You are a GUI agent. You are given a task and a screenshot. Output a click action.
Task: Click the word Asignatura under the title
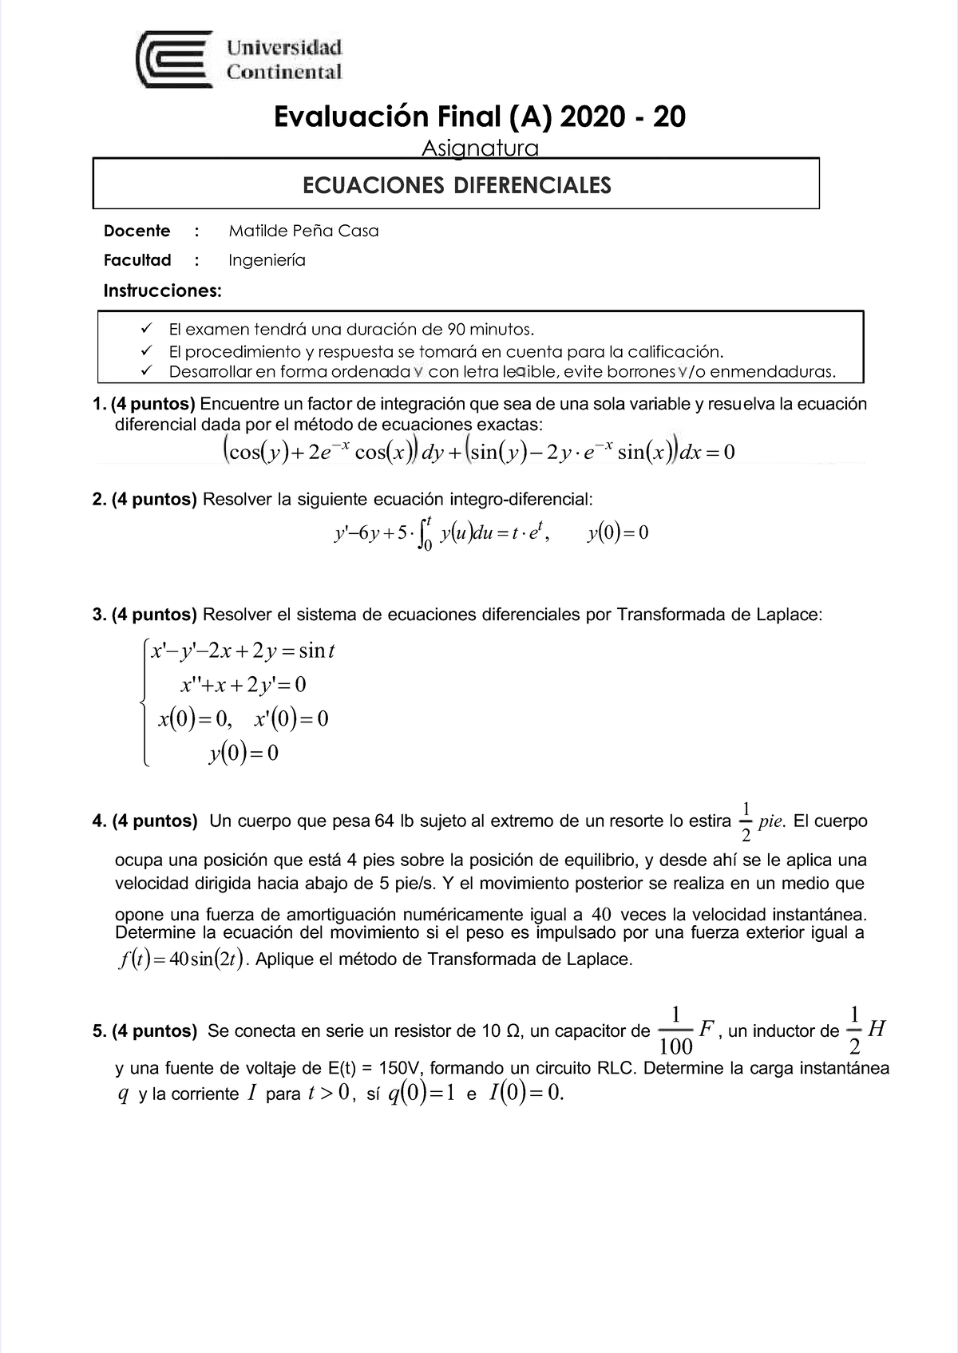coord(480,148)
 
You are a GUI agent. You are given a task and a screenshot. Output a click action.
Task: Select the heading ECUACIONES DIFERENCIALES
coord(456,185)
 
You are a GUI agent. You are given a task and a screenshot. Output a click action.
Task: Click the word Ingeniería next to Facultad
coord(267,260)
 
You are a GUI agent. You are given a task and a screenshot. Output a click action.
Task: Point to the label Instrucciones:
coord(162,291)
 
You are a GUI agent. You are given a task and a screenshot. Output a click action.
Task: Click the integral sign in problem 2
coord(425,533)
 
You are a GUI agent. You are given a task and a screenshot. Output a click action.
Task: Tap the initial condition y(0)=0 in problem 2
coord(617,533)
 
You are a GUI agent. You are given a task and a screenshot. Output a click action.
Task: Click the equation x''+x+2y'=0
coord(243,685)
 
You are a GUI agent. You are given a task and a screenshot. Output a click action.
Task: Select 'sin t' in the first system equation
coord(316,651)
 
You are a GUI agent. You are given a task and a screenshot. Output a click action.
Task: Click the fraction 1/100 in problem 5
coord(676,1031)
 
